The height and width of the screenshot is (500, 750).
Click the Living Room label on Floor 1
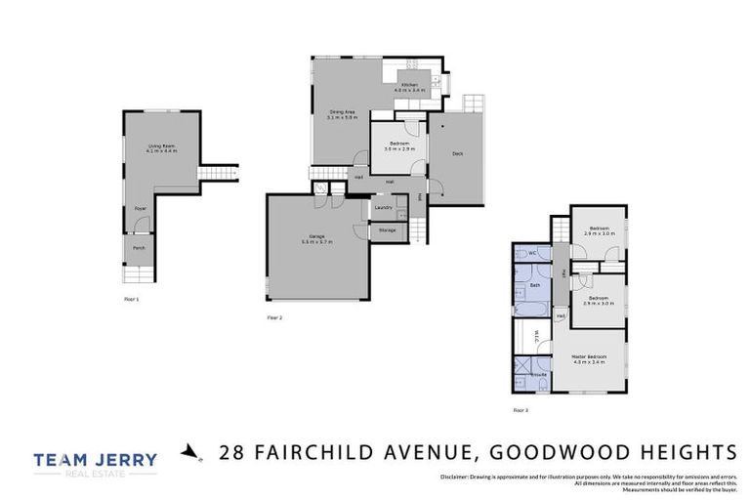click(x=156, y=148)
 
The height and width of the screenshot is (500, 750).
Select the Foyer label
click(x=140, y=208)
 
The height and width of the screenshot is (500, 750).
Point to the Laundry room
click(x=383, y=207)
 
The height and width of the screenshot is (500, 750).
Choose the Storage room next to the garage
click(x=387, y=230)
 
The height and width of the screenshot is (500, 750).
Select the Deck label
click(x=456, y=152)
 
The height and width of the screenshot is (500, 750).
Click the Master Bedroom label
click(x=590, y=358)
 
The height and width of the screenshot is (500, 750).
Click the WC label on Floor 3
click(x=534, y=254)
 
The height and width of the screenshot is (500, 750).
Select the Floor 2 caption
click(x=274, y=317)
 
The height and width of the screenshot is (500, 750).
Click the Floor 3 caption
click(x=520, y=410)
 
